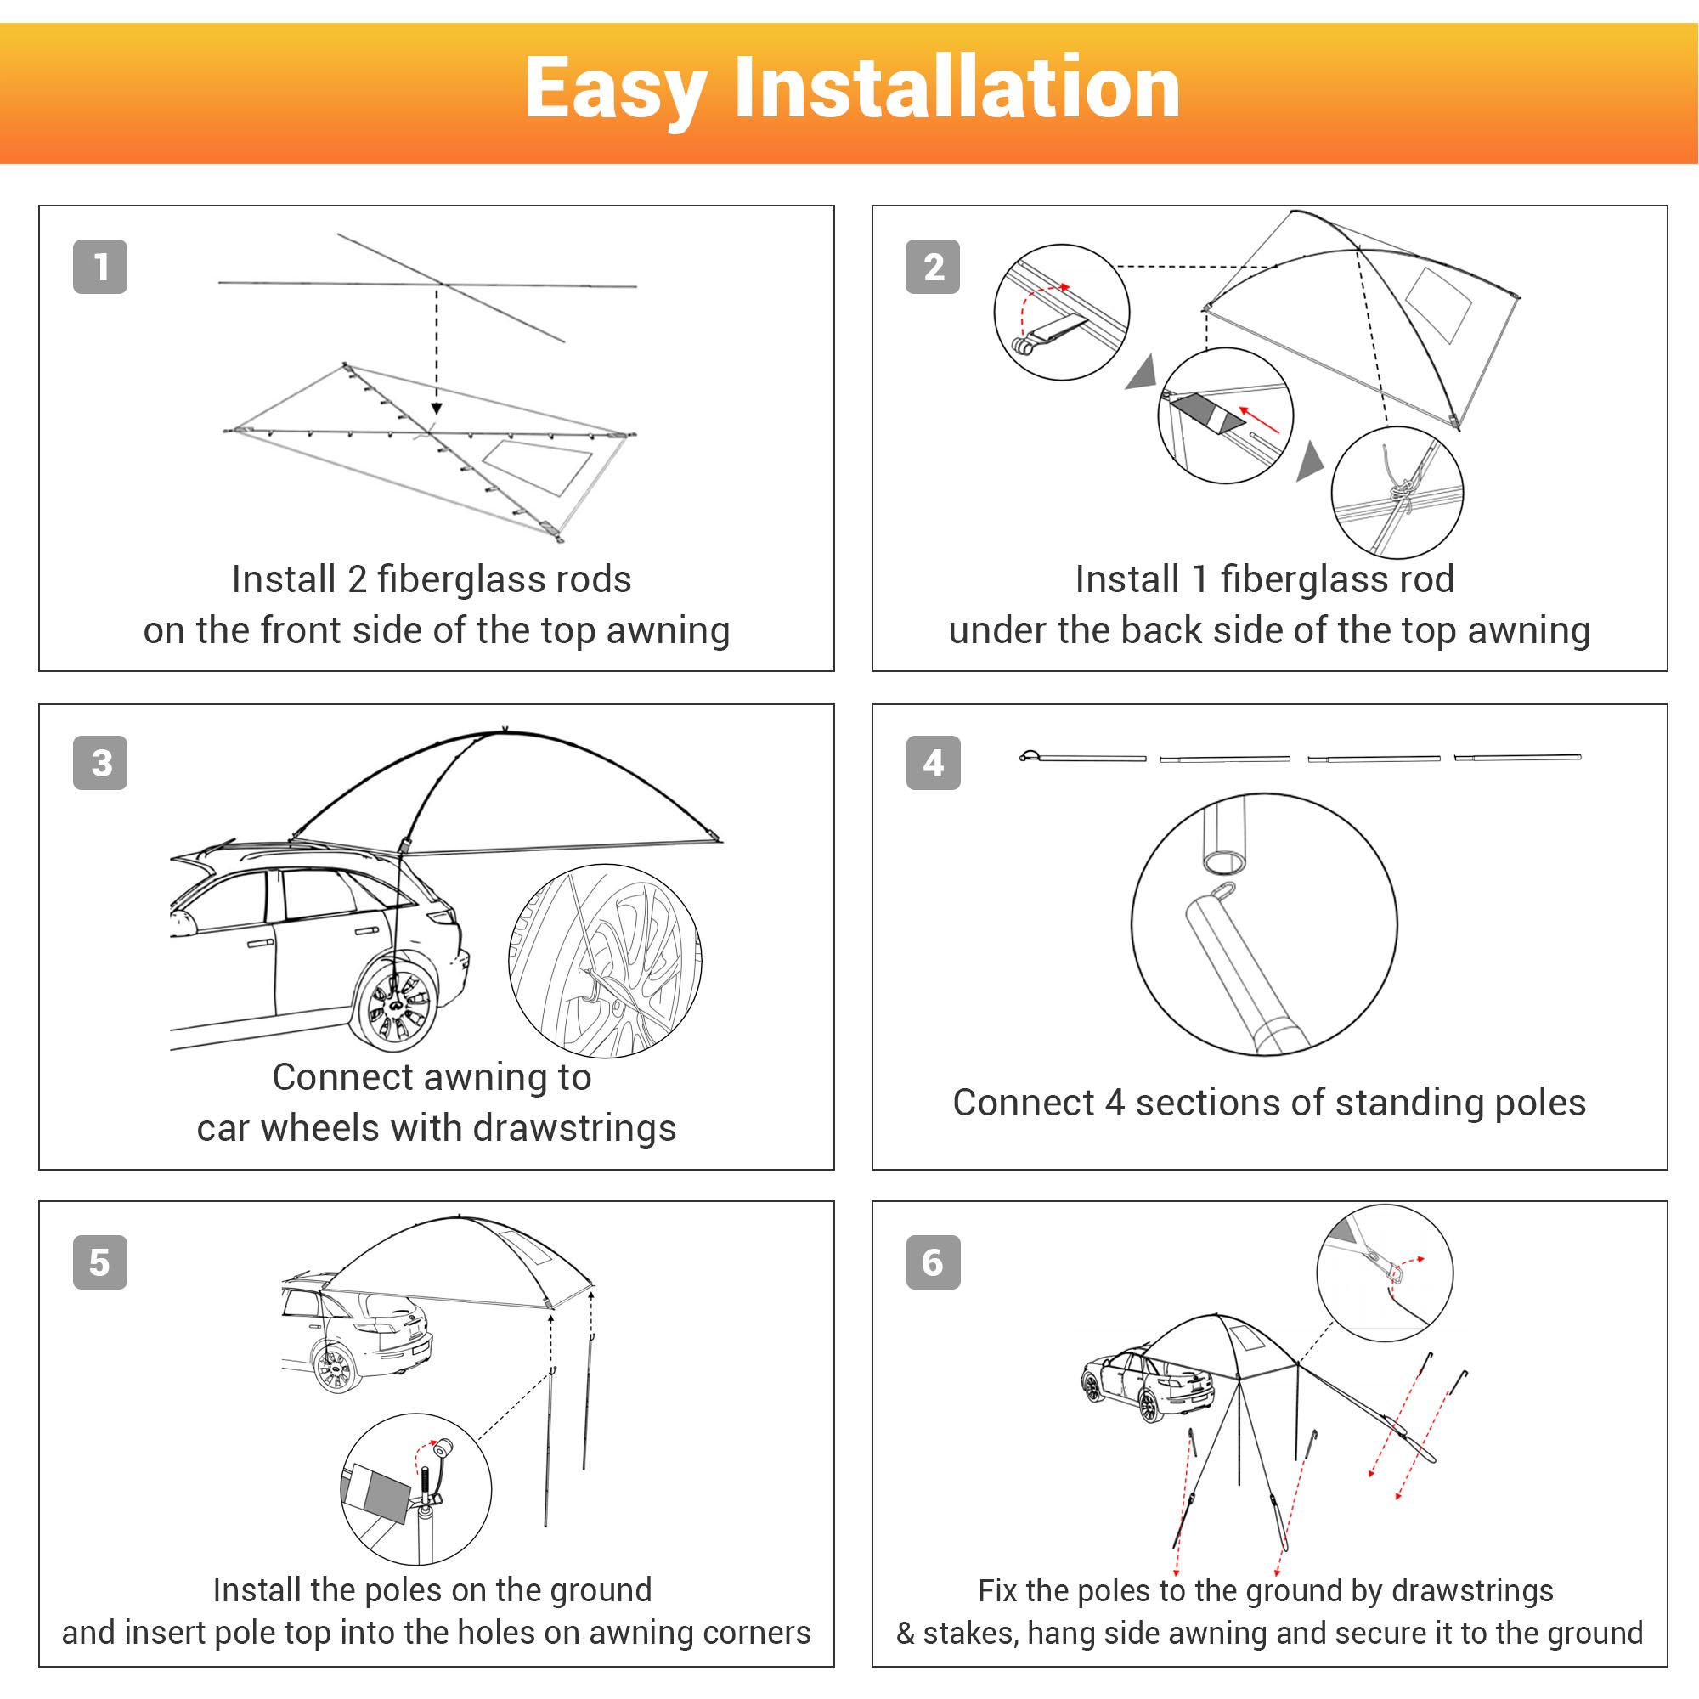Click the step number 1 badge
click(100, 267)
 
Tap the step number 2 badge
click(933, 267)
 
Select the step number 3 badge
click(100, 763)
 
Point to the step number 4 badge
click(933, 763)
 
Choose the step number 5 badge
click(100, 1262)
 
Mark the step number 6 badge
click(933, 1262)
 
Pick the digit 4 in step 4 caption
click(1115, 1103)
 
